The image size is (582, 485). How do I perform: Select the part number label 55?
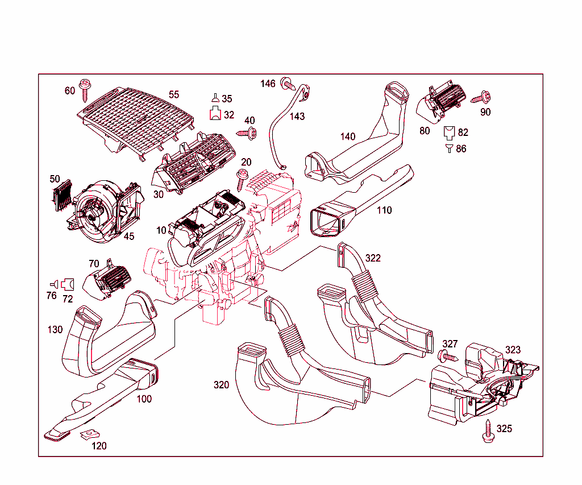click(173, 94)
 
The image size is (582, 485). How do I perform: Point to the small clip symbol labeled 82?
click(449, 132)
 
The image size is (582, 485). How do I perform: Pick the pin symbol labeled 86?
click(449, 148)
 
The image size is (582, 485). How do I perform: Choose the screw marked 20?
click(243, 178)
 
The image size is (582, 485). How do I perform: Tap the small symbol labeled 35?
click(215, 98)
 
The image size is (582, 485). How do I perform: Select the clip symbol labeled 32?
click(216, 114)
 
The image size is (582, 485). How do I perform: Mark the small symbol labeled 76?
click(53, 283)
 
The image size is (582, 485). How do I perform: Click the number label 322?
click(373, 258)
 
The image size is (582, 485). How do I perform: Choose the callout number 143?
click(297, 116)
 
